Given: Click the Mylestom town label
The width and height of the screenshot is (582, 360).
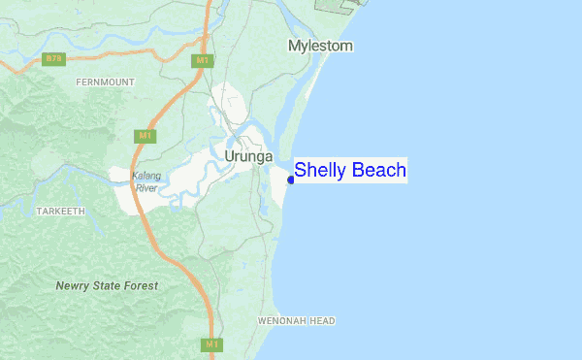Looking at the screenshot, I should (x=320, y=46).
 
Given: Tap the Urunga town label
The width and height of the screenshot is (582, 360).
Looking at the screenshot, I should (x=248, y=155).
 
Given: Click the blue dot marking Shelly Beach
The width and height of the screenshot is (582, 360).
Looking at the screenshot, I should (x=291, y=180).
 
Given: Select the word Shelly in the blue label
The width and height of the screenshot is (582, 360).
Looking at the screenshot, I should (x=320, y=171).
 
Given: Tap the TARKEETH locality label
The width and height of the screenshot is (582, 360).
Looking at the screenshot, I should (x=61, y=211).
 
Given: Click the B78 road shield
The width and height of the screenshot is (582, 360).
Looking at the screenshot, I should (x=54, y=59).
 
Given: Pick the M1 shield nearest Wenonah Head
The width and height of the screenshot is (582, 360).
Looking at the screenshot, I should (x=212, y=344).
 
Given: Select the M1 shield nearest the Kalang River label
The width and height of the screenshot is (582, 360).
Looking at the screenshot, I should (x=145, y=135).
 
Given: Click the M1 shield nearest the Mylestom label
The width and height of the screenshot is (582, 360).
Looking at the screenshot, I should (x=202, y=60).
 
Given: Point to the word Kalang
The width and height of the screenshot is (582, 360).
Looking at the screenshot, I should (x=146, y=177).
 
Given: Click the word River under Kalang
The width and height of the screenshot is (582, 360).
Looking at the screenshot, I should (x=146, y=187).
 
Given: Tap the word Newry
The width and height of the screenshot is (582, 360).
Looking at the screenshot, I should (x=72, y=286).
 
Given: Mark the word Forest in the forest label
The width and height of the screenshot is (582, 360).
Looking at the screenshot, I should (x=142, y=286).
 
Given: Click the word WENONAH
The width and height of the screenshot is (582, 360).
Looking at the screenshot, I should (x=282, y=320).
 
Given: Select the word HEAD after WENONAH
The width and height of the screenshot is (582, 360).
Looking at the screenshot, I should (x=323, y=320).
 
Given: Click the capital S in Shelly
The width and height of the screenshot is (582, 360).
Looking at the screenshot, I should (x=301, y=171).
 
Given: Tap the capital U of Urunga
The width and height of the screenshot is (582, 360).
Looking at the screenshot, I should (x=230, y=155).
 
